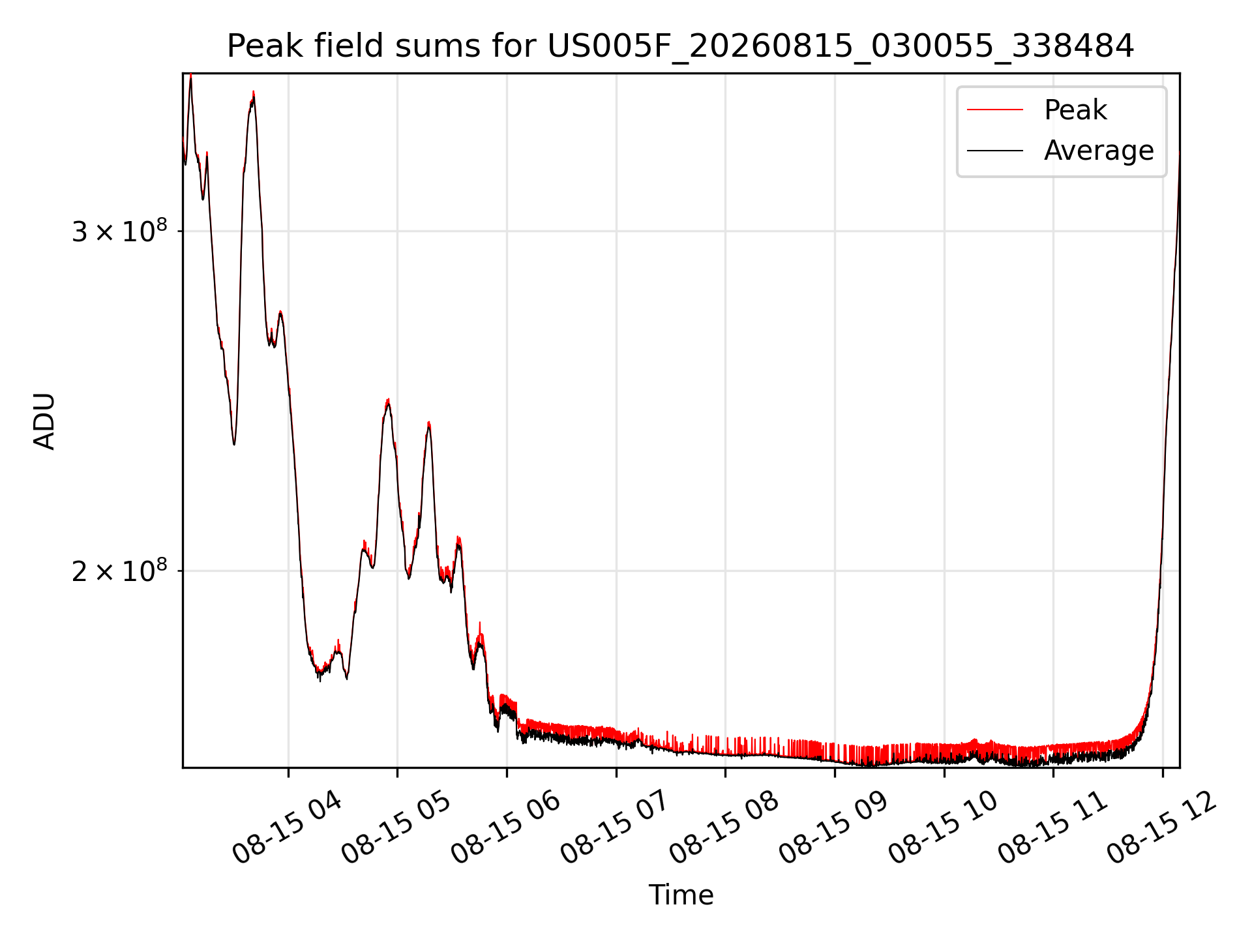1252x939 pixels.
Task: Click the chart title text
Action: [680, 46]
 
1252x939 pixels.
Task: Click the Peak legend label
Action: [1075, 110]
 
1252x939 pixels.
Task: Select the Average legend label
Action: [1099, 151]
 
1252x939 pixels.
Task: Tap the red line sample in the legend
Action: [995, 110]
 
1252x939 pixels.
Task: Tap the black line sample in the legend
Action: [995, 151]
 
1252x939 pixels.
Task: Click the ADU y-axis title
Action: [44, 421]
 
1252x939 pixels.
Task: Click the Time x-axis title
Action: [681, 895]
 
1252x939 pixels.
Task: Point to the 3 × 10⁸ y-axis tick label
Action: [119, 231]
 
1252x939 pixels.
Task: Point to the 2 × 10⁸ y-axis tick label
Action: [119, 571]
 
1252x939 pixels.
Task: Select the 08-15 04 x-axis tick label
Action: [287, 827]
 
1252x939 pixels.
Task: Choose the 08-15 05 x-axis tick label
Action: [396, 827]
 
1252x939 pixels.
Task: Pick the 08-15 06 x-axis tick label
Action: [506, 827]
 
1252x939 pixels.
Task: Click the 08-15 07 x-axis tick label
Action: [616, 827]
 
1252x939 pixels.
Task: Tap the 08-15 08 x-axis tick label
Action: [724, 827]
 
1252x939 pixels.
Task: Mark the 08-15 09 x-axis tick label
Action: [834, 827]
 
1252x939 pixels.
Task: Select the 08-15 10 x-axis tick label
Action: [944, 827]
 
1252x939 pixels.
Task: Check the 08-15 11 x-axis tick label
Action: [1053, 827]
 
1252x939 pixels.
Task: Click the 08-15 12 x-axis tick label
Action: [1162, 827]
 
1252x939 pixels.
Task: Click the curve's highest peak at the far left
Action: [190, 76]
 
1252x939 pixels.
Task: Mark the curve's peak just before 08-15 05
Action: [388, 400]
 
